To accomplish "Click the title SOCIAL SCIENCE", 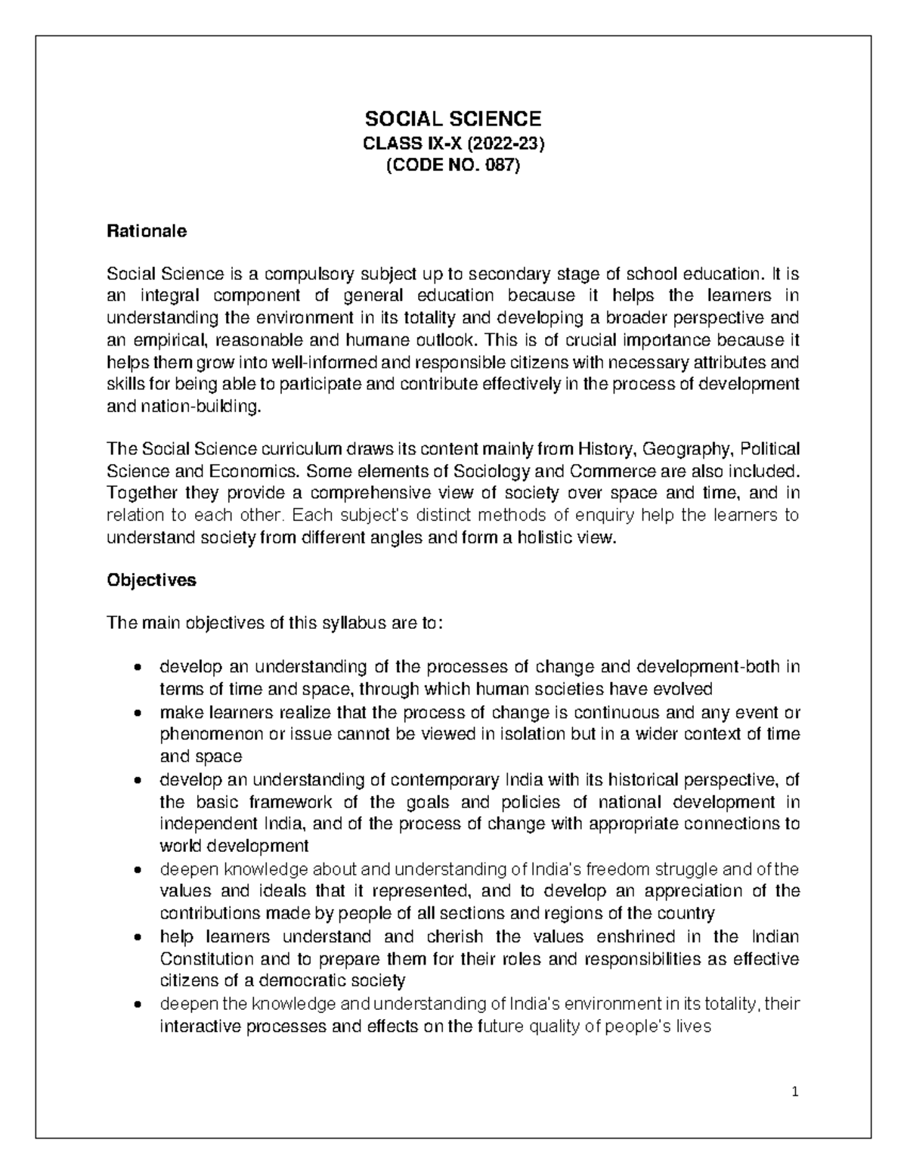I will pyautogui.click(x=453, y=119).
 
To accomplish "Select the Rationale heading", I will pyautogui.click(x=147, y=231).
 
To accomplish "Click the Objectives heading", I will pyautogui.click(x=151, y=580).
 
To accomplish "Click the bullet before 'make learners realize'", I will pyautogui.click(x=136, y=713).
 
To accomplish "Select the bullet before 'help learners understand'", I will pyautogui.click(x=136, y=937).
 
